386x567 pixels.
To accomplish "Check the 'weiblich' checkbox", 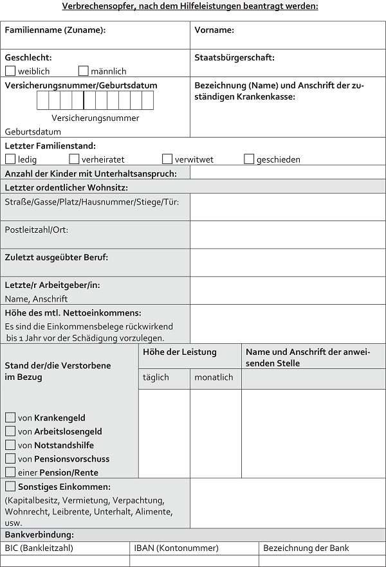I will [10, 71].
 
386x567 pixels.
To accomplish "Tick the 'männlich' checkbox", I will [83, 71].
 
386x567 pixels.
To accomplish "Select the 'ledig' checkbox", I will [10, 159].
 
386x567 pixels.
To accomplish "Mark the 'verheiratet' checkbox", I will [74, 159].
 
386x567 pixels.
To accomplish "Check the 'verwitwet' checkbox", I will [167, 159].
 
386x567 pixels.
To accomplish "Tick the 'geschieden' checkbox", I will [249, 159].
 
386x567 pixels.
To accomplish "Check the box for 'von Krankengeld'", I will [10, 418].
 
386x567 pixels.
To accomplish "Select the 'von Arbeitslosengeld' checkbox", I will [10, 431].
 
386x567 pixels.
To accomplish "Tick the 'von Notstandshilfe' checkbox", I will [10, 445].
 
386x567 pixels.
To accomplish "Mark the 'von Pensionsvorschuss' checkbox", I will [10, 458].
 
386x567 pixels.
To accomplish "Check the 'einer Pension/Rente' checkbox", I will [10, 473].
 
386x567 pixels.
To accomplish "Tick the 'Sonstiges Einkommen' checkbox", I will [10, 487].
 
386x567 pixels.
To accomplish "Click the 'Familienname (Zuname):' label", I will [55, 30].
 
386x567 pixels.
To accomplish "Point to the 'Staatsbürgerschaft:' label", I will [234, 57].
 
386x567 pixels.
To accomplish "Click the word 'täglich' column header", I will [156, 377].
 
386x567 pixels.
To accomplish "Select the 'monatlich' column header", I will [214, 377].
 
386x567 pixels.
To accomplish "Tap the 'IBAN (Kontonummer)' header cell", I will [176, 548].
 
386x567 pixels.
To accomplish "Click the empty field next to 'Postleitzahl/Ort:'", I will [288, 235].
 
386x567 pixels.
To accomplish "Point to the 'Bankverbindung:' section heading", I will [39, 535].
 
